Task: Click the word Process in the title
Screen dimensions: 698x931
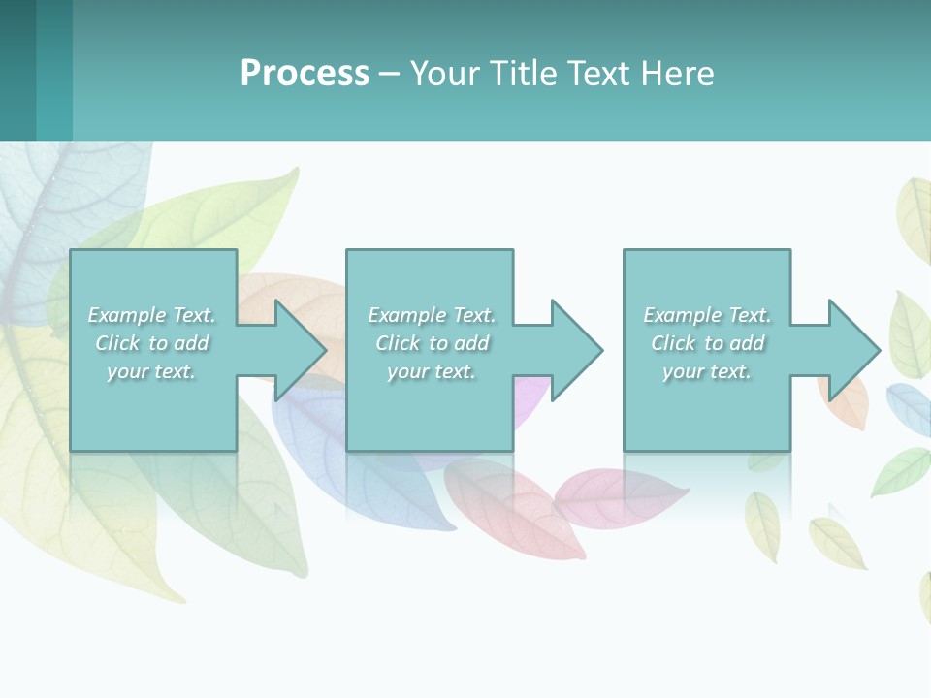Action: click(x=305, y=74)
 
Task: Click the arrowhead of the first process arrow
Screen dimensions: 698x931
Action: click(x=302, y=350)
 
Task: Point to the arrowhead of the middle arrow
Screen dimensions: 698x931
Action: click(x=578, y=350)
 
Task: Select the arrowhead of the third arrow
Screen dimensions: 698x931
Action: click(x=854, y=350)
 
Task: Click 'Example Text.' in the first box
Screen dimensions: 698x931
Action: click(x=152, y=315)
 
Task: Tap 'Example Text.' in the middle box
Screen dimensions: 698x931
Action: click(x=432, y=315)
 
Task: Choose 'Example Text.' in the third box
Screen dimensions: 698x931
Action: click(x=707, y=315)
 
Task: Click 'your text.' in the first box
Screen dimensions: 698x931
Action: click(x=151, y=371)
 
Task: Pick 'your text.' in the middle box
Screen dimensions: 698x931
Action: click(x=432, y=371)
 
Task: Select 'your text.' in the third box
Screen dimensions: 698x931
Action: click(x=707, y=371)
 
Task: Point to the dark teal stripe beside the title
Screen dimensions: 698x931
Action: click(x=17, y=70)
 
